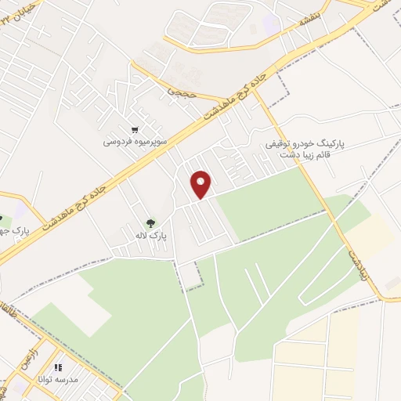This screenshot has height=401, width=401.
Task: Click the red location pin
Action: (202, 184)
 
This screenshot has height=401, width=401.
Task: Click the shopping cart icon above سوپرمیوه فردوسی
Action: (135, 130)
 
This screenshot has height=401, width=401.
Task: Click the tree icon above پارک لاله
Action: (150, 222)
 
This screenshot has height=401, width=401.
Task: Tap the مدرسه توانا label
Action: (56, 379)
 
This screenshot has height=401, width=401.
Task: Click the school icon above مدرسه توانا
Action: (57, 367)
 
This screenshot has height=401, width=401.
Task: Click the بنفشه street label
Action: (298, 22)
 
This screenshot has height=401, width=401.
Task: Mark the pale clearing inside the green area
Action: (78, 302)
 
